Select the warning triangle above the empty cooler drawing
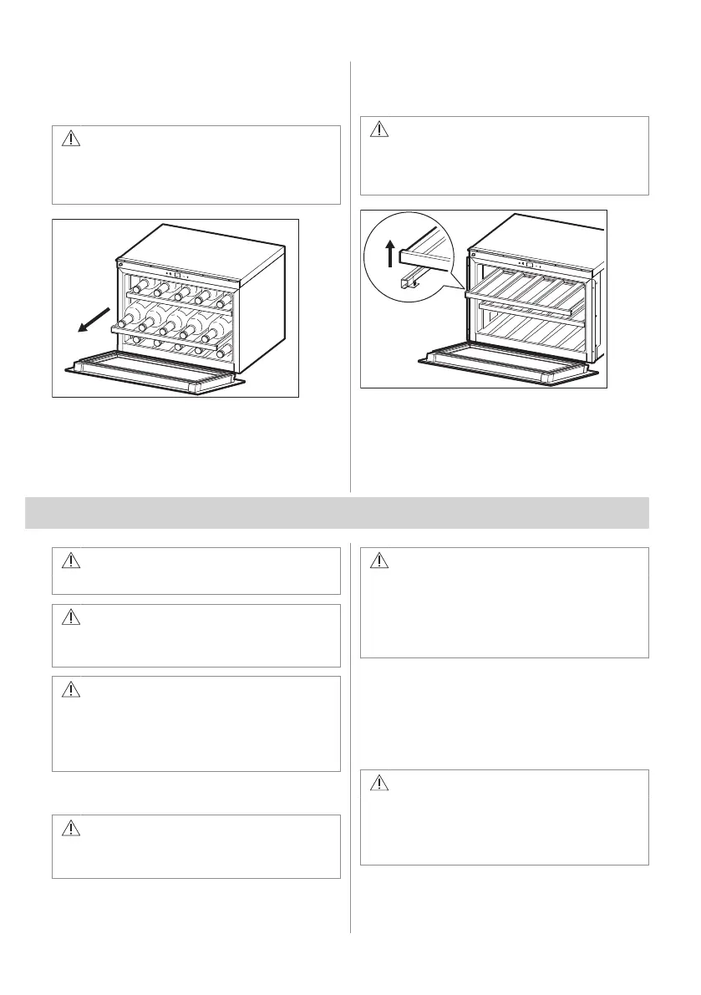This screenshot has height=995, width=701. [x=380, y=130]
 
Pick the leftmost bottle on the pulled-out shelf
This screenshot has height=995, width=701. [x=125, y=322]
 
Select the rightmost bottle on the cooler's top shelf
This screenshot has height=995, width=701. [x=223, y=297]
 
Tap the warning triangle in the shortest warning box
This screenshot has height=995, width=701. [x=71, y=561]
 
